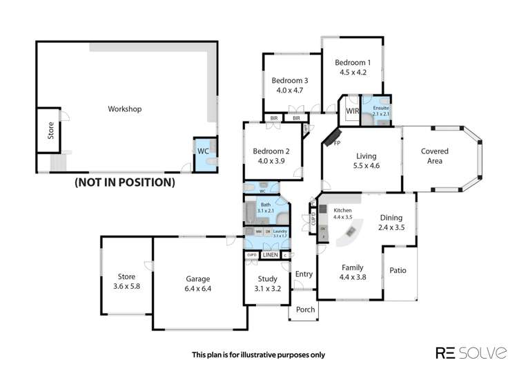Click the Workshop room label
[x=125, y=109]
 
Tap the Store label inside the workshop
[x=50, y=131]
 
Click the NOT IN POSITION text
[x=124, y=182]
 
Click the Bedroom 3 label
[x=289, y=80]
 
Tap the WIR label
[x=352, y=111]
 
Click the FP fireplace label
[x=337, y=143]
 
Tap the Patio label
[x=398, y=271]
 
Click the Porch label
[x=305, y=310]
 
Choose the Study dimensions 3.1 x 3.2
[x=268, y=289]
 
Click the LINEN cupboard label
[x=270, y=256]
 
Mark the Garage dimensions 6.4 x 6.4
[x=198, y=289]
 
